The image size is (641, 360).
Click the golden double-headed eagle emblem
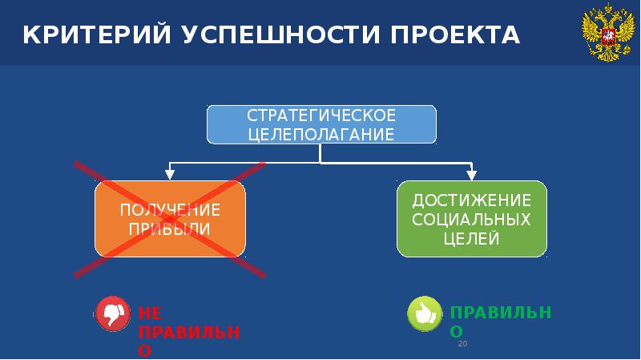tap(603, 34)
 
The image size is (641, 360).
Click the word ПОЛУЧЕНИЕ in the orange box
tap(170, 210)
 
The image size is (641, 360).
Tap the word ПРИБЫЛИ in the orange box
tap(170, 228)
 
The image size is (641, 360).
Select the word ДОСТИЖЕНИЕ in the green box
tap(472, 200)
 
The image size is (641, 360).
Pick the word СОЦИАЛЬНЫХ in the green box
tap(472, 219)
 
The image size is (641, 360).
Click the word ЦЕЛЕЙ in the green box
tap(472, 238)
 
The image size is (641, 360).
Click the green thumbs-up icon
tap(424, 313)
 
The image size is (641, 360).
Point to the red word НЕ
tap(150, 313)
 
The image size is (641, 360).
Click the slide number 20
tap(462, 343)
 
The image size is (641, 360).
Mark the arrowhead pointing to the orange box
tap(170, 172)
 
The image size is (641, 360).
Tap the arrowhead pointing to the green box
tap(472, 172)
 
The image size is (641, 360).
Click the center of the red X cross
tap(170, 219)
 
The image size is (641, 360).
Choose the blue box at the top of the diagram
tap(320, 123)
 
